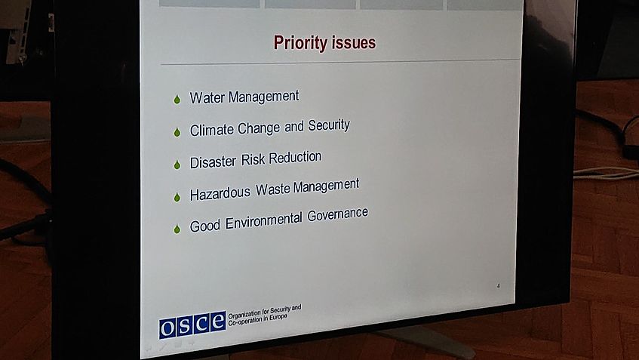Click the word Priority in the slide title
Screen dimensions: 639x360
pos(300,43)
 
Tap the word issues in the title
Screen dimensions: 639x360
pos(353,42)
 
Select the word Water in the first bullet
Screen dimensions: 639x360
pos(207,98)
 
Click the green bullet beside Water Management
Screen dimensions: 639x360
pos(177,99)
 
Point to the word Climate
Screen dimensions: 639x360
pos(211,130)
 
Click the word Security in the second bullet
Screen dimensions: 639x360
pos(329,125)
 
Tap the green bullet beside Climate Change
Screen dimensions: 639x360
pos(177,131)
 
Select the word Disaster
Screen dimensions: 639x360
pos(213,162)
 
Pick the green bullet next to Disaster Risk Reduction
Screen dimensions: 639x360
pos(177,165)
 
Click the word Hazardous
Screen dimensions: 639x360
pos(220,193)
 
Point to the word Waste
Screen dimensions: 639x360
pos(272,189)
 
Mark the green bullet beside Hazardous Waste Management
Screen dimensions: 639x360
pos(177,197)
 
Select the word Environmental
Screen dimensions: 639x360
pos(263,221)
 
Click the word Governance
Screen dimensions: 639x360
pos(337,214)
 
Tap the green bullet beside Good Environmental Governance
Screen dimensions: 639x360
pos(177,229)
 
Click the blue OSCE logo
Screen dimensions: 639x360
pos(192,325)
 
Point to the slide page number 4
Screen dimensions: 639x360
pos(499,286)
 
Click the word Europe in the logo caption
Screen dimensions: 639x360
pos(278,318)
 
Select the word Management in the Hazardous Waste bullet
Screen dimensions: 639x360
pos(326,186)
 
